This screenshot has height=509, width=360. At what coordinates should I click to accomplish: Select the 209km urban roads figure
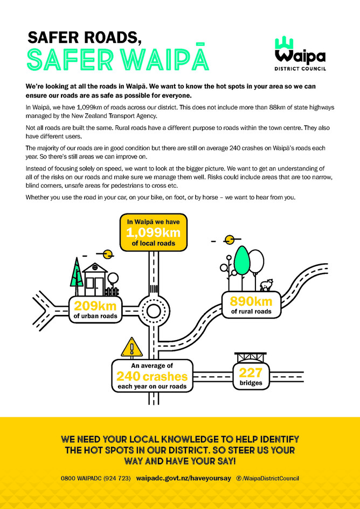[95, 306]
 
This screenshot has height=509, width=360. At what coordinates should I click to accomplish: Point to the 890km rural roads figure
[251, 301]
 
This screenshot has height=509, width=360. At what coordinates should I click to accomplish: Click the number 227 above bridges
[251, 372]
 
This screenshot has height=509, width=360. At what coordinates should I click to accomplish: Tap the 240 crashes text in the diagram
[152, 376]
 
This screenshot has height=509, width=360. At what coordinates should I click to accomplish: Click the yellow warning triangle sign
[131, 348]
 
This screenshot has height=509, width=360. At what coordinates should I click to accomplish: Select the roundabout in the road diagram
[154, 311]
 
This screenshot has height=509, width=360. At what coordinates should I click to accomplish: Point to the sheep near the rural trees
[266, 285]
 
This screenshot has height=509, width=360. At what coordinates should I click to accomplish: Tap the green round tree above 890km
[242, 261]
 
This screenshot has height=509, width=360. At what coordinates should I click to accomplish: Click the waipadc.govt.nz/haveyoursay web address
[183, 478]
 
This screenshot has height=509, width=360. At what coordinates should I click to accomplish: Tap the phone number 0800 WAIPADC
[96, 478]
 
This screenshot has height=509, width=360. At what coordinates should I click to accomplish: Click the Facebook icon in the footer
[239, 478]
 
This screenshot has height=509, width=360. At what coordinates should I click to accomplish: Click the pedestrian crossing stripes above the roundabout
[154, 288]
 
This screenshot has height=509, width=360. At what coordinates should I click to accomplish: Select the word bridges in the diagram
[251, 383]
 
